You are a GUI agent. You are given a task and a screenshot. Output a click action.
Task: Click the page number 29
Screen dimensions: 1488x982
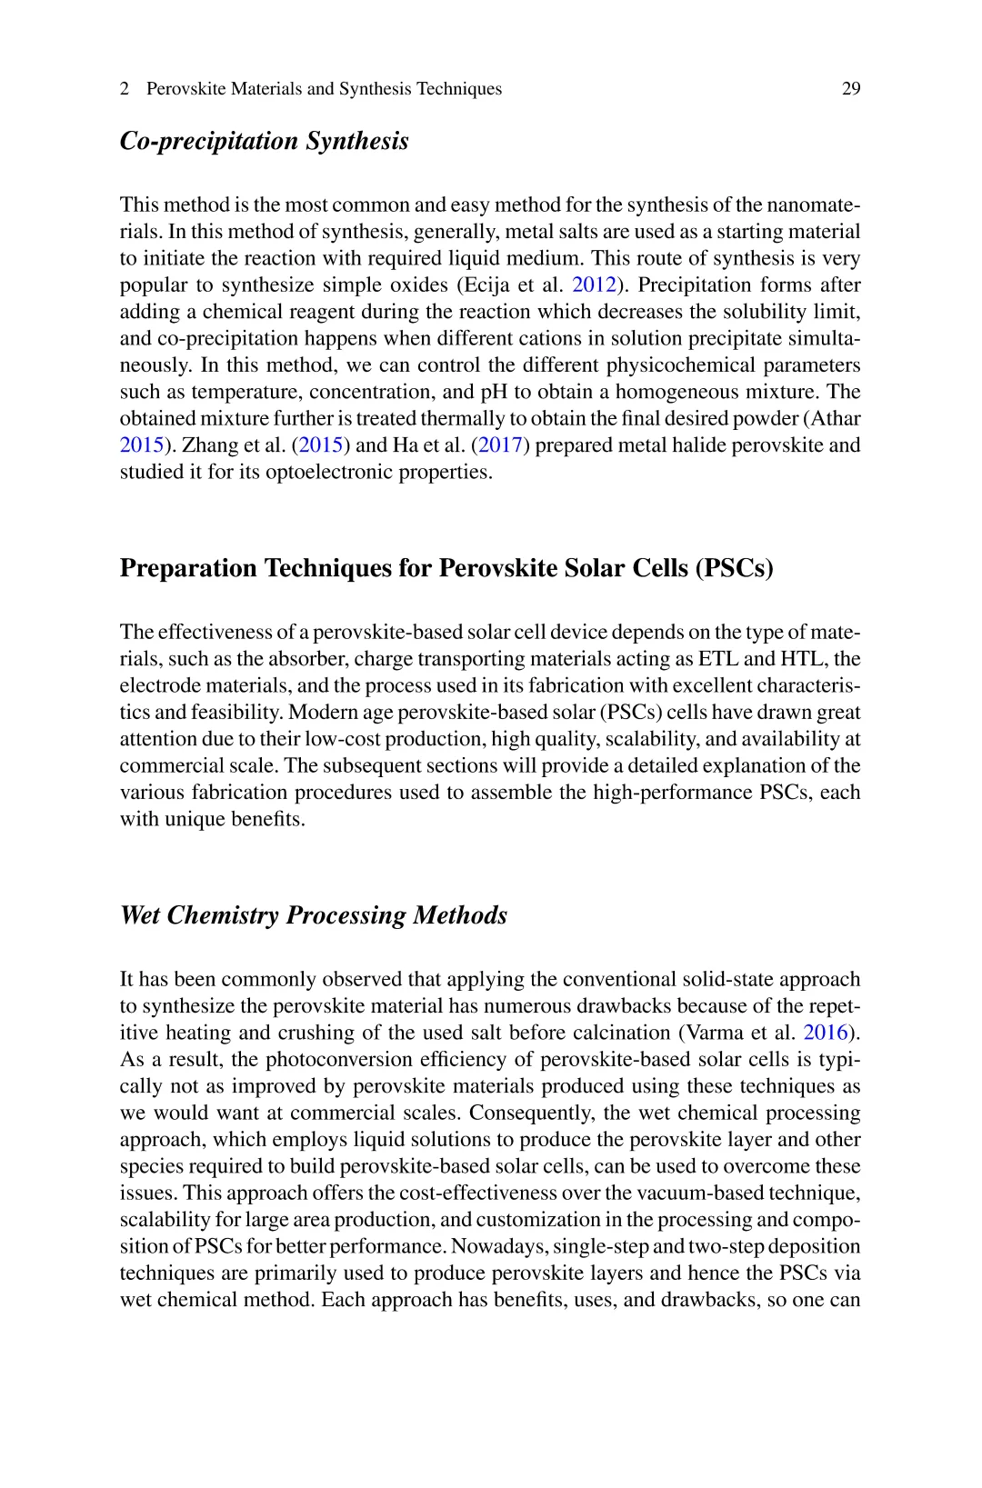[851, 89]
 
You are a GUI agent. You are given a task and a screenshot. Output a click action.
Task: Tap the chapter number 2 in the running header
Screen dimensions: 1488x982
[125, 89]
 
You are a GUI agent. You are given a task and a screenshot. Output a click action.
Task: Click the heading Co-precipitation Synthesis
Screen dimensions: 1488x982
[265, 141]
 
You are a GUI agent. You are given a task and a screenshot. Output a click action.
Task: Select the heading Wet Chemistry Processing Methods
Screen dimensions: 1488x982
[314, 914]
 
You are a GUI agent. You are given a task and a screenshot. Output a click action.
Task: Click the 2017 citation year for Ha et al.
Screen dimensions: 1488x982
[498, 445]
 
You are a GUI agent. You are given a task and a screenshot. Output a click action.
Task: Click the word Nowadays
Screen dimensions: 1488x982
[500, 1247]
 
